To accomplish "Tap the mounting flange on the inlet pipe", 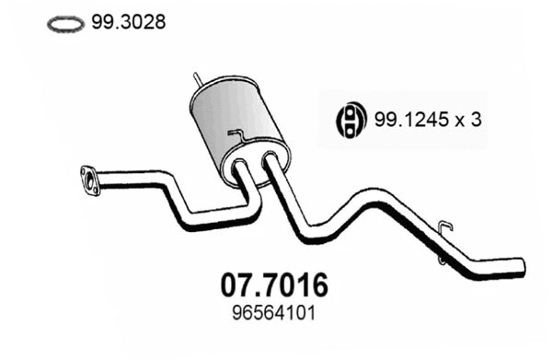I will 90,178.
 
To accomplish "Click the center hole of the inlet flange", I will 90,178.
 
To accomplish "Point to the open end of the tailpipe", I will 523,265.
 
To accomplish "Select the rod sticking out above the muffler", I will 196,80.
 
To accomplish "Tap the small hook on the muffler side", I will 237,138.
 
